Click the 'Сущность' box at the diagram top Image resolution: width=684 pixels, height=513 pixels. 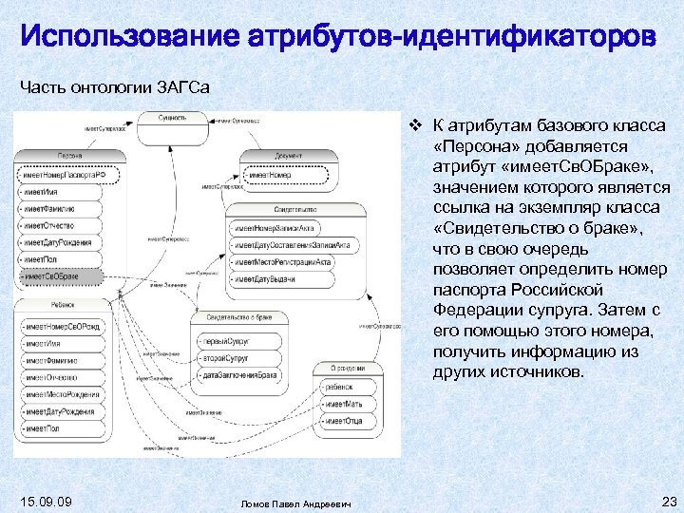click(173, 118)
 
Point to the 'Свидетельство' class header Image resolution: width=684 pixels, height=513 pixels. click(295, 208)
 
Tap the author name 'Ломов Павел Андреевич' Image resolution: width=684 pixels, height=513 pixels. click(295, 503)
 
